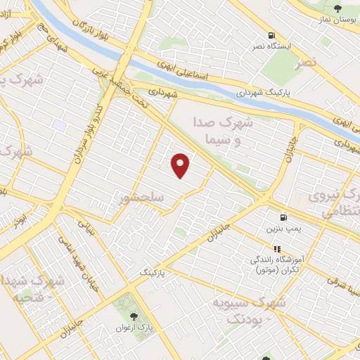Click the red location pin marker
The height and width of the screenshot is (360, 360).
pos(181,165)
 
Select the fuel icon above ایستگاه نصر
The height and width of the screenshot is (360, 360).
pos(271,36)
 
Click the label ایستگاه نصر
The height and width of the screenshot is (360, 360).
pos(271,47)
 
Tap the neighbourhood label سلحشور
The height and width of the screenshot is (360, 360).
pos(141,198)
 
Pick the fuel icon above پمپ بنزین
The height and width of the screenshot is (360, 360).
pos(283,217)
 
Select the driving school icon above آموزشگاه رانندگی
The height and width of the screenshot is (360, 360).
pos(277,249)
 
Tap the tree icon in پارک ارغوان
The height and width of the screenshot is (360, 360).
pos(134,318)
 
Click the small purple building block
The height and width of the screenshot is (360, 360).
pos(59,125)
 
